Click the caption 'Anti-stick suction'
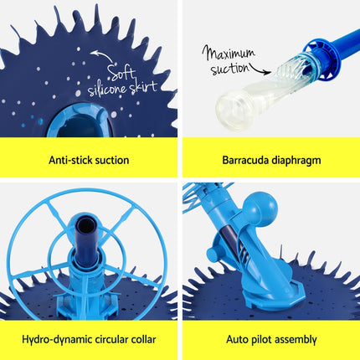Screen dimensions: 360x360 [x=89, y=159]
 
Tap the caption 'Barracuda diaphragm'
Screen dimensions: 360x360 [x=270, y=159]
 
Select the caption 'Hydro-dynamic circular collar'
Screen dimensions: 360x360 [x=90, y=339]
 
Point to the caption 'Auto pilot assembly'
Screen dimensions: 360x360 [x=270, y=339]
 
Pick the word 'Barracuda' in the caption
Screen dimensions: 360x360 [x=248, y=159]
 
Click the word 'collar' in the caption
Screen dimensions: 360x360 [x=140, y=339]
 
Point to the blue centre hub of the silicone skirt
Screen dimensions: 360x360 [x=80, y=121]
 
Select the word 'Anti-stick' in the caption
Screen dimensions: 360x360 [x=69, y=159]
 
